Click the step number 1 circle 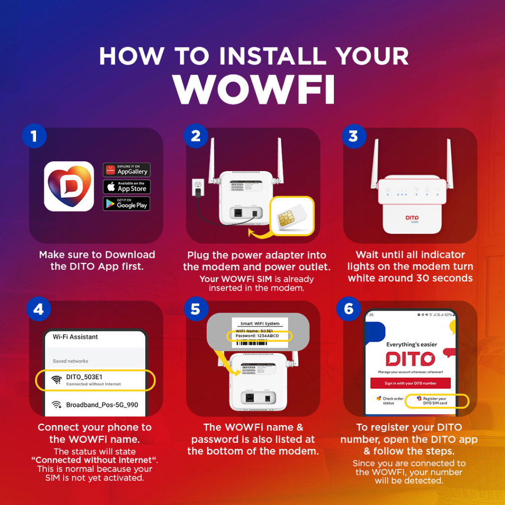coord(34,136)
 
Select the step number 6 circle coord(348,309)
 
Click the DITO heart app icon coord(69,186)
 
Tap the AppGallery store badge coord(126,170)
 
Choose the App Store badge coord(126,187)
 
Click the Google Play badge coord(126,204)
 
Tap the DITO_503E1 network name coord(84,377)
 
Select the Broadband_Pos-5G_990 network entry coord(102,405)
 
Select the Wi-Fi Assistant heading coord(75,337)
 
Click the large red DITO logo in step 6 coord(410,359)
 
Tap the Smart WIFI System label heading coord(259,324)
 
